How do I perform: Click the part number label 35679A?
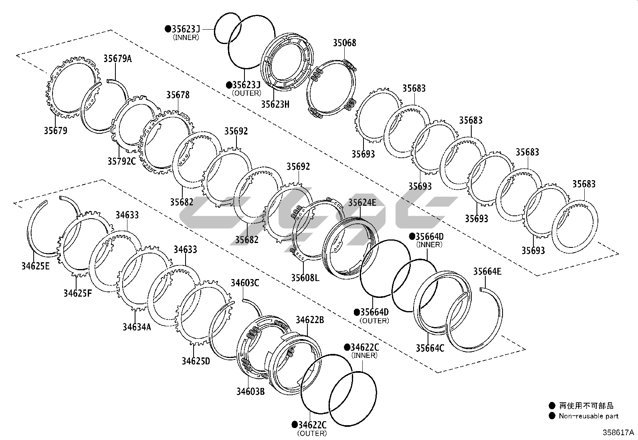click(117, 59)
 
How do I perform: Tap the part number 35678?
click(178, 95)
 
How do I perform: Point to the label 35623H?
click(275, 104)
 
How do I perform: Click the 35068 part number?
click(344, 43)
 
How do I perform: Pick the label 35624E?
click(362, 203)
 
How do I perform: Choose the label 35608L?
click(305, 277)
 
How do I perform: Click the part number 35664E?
click(487, 271)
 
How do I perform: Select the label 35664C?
click(430, 348)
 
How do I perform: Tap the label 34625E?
click(35, 266)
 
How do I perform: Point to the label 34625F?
click(77, 293)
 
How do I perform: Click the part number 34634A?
click(137, 327)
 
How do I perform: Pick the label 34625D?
click(196, 361)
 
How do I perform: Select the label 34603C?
click(244, 283)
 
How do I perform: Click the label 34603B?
click(250, 391)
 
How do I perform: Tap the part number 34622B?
click(310, 320)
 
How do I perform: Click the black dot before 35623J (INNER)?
click(168, 29)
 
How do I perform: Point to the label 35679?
click(56, 131)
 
